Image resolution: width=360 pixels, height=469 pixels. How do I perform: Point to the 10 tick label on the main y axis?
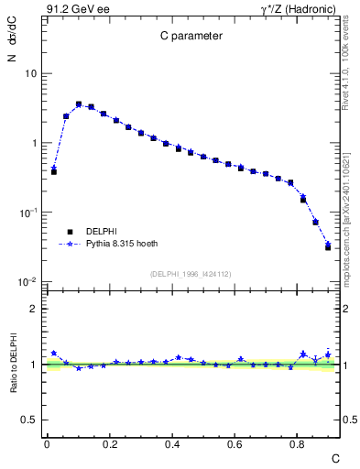click(31, 73)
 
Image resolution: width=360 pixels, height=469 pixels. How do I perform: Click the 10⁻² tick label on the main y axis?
click(27, 282)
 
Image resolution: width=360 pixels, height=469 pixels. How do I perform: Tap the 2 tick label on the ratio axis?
click(35, 309)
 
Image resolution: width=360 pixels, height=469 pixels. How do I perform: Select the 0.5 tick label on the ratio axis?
click(30, 420)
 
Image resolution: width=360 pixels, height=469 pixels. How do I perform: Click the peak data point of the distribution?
click(79, 104)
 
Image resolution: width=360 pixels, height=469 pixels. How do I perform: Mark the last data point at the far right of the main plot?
click(328, 247)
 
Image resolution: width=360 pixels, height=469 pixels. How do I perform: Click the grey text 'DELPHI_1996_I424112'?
click(191, 273)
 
